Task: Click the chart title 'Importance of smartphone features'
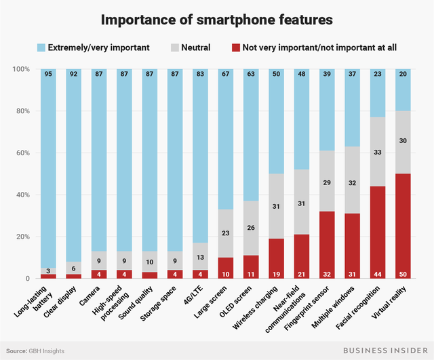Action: pyautogui.click(x=216, y=20)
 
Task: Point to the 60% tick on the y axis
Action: pyautogui.click(x=22, y=153)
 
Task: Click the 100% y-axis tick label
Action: pyautogui.click(x=20, y=69)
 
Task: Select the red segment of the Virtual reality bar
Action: pyautogui.click(x=403, y=226)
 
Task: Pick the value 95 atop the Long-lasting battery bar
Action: pyautogui.click(x=48, y=75)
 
